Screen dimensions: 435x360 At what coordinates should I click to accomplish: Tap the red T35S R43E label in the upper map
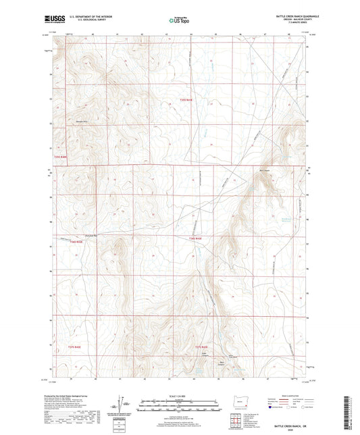(186, 100)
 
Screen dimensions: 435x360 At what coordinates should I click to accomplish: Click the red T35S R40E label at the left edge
(61, 157)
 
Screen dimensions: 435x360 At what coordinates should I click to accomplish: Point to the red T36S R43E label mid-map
(196, 238)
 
